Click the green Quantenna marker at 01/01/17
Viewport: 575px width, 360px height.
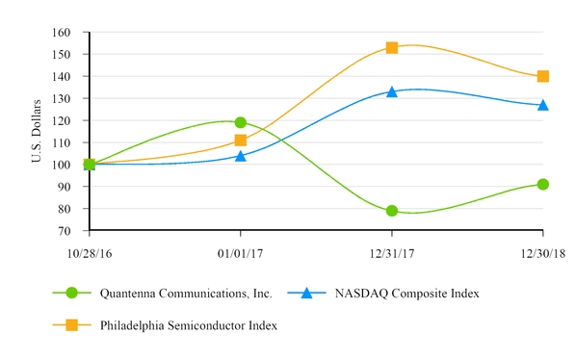pos(241,122)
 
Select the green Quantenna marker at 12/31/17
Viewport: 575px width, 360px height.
pos(392,211)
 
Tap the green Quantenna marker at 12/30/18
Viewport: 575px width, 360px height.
pos(543,184)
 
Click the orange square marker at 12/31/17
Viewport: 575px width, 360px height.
pos(392,47)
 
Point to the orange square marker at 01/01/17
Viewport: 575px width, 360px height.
pos(241,141)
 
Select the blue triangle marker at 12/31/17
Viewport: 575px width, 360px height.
pos(392,91)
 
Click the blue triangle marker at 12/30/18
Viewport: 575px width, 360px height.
pos(543,105)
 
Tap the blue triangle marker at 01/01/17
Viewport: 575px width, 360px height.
pos(241,155)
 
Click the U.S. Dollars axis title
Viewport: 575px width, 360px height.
pos(37,131)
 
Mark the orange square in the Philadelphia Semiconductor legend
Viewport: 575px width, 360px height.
pos(71,325)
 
